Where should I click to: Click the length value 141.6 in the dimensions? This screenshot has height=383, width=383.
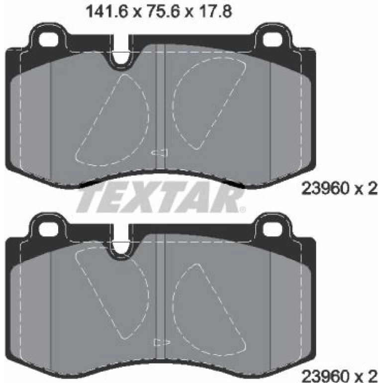tap(107, 11)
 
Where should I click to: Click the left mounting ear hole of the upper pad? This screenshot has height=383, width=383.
tap(49, 39)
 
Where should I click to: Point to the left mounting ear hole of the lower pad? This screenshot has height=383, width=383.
tap(49, 228)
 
